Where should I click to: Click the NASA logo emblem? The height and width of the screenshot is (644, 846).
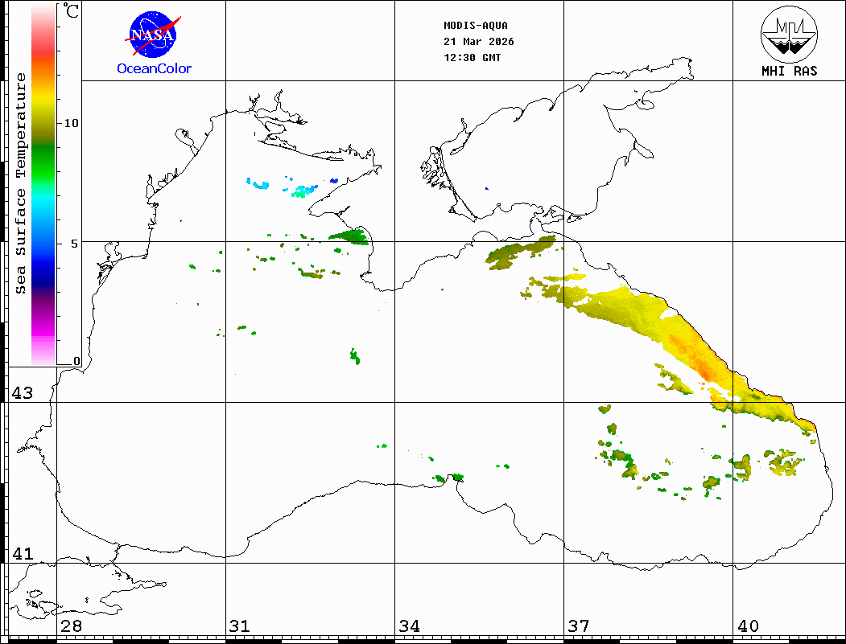click(153, 33)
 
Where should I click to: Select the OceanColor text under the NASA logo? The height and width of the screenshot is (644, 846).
click(154, 69)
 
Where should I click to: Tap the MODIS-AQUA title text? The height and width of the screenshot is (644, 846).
click(476, 26)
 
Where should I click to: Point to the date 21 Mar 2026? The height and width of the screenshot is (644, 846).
click(479, 42)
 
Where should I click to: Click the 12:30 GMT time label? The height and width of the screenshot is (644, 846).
click(473, 58)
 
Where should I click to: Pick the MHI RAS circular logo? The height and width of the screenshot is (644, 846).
click(789, 32)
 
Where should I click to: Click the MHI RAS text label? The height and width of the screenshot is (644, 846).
click(789, 71)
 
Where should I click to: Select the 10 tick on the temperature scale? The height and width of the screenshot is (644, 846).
click(71, 123)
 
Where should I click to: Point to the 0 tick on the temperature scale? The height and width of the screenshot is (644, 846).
click(76, 361)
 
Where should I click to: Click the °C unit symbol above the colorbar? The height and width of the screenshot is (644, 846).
click(72, 11)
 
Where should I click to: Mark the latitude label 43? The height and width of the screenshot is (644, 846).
click(22, 393)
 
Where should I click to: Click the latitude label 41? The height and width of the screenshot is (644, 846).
click(22, 554)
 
